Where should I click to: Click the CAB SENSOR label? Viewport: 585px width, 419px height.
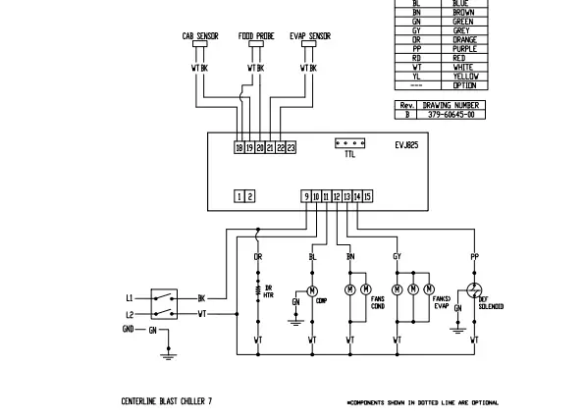click(x=200, y=36)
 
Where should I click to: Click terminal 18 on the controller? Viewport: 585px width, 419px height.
click(x=239, y=147)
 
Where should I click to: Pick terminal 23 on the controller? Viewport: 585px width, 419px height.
click(x=291, y=147)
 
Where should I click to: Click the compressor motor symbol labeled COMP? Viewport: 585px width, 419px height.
click(x=312, y=290)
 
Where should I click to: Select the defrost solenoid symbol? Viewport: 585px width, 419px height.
click(x=475, y=289)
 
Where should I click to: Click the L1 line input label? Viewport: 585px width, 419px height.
click(x=130, y=296)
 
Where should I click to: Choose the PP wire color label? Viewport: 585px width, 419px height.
click(x=475, y=257)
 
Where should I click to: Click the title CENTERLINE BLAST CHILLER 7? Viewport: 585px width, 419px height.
click(x=161, y=401)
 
